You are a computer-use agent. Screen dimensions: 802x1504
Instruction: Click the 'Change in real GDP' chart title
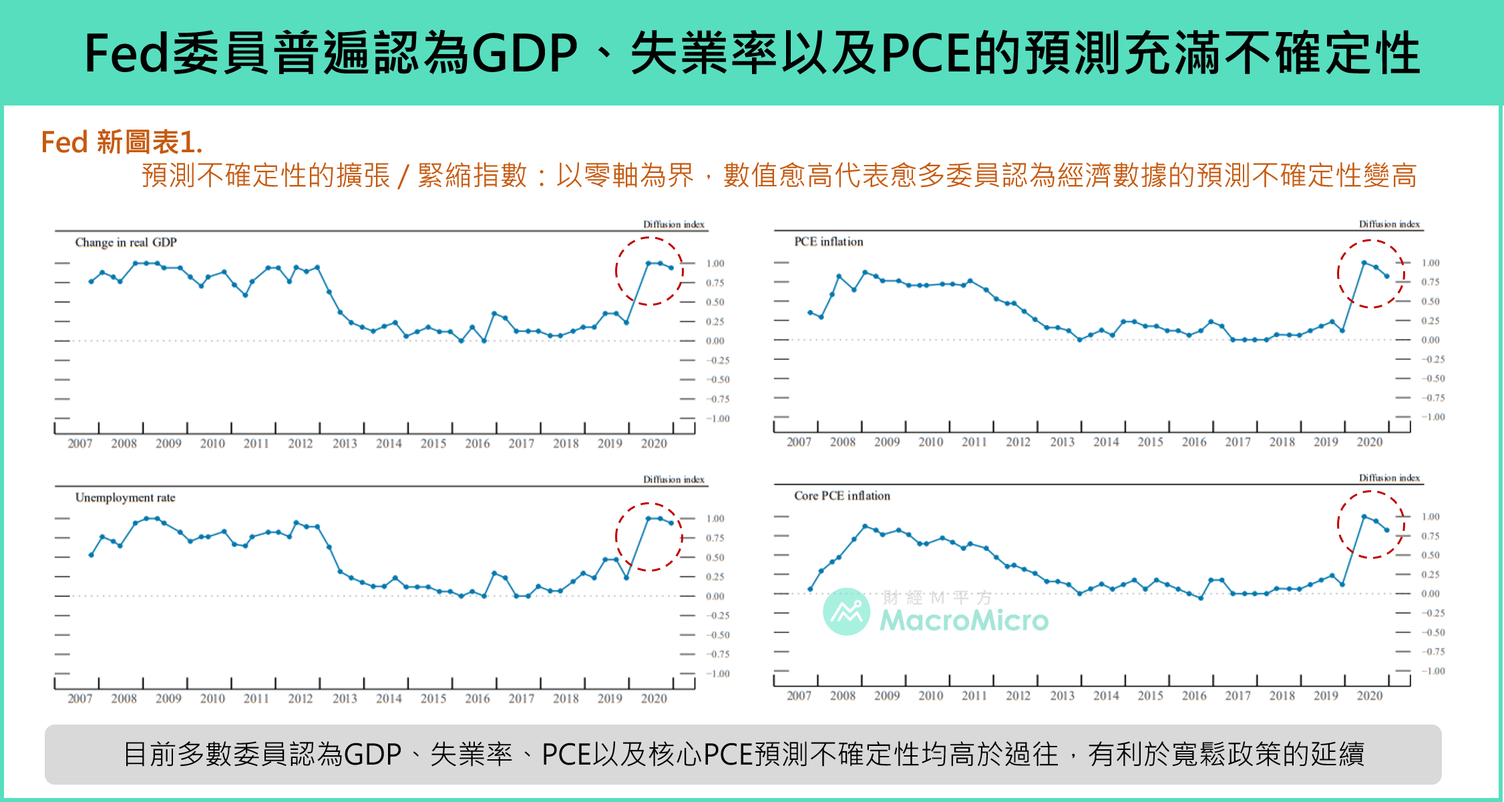[x=126, y=242]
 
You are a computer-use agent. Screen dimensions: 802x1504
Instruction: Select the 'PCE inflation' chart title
[x=828, y=242]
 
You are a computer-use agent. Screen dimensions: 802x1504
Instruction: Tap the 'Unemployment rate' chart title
[x=125, y=497]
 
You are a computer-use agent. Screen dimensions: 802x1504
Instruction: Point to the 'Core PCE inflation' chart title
[x=841, y=495]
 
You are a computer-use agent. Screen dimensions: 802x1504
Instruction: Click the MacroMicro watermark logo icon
[x=846, y=611]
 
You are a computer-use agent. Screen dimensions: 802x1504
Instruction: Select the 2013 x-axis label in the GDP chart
[x=345, y=443]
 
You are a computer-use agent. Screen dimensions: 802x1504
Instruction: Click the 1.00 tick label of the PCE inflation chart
[x=1430, y=263]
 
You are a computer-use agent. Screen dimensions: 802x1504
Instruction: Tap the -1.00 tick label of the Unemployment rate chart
[x=718, y=674]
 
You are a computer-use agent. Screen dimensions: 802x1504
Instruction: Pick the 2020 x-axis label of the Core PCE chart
[x=1369, y=696]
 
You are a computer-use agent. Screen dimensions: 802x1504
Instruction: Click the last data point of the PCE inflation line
[x=1387, y=276]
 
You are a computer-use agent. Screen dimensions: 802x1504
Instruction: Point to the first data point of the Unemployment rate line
[x=91, y=555]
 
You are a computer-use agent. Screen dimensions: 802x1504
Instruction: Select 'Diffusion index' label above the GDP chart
[x=673, y=224]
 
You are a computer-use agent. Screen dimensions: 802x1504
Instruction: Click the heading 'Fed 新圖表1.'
[x=122, y=142]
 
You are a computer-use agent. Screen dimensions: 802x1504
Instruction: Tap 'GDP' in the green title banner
[x=524, y=53]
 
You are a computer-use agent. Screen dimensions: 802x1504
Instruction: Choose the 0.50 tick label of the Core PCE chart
[x=1430, y=556]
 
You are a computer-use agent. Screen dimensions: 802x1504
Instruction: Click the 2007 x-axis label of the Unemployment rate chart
[x=80, y=698]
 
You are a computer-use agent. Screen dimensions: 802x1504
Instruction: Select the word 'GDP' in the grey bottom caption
[x=373, y=755]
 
